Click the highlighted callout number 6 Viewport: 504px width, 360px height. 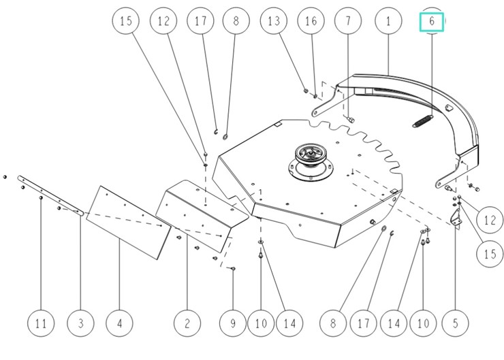(x=431, y=21)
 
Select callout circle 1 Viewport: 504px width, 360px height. (x=388, y=21)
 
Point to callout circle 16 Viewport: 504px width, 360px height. (x=311, y=21)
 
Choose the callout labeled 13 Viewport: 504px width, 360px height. (x=274, y=21)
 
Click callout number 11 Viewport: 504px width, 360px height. (x=41, y=324)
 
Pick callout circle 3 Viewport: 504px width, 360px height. (x=80, y=324)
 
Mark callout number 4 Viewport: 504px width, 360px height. (x=120, y=324)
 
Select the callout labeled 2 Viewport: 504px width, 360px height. (x=186, y=324)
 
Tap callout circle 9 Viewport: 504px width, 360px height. (x=233, y=324)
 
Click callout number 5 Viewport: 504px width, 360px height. (x=454, y=324)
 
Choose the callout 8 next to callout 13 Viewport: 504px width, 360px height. (x=236, y=21)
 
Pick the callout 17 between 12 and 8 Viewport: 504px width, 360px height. (x=200, y=21)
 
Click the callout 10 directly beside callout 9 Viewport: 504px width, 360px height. (x=262, y=324)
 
